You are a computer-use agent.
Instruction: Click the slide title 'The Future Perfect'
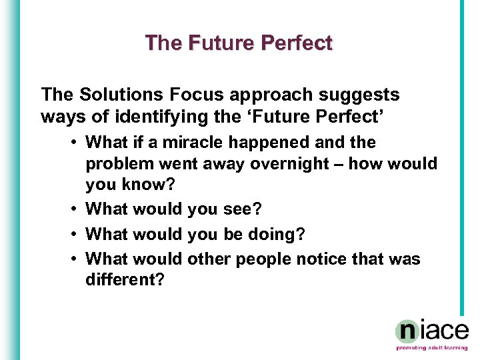(239, 43)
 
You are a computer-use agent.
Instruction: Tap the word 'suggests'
(363, 95)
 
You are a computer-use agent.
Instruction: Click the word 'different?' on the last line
(125, 280)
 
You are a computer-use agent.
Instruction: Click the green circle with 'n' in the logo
(407, 331)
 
